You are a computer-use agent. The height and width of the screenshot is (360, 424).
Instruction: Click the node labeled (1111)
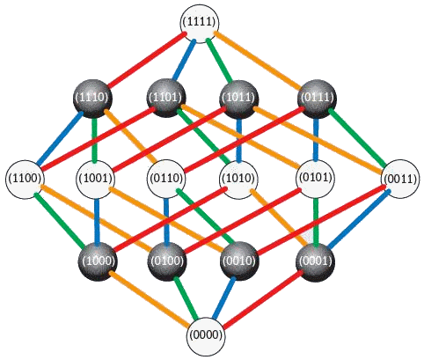pyautogui.click(x=200, y=23)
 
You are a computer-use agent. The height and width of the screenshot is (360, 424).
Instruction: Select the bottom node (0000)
pyautogui.click(x=206, y=335)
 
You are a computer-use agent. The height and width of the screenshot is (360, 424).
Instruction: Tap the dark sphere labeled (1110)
pyautogui.click(x=92, y=98)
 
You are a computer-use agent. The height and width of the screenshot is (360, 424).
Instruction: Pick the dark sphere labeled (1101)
pyautogui.click(x=166, y=98)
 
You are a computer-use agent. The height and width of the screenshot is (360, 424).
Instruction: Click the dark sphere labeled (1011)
pyautogui.click(x=239, y=99)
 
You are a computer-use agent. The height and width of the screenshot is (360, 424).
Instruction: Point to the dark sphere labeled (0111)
pyautogui.click(x=317, y=99)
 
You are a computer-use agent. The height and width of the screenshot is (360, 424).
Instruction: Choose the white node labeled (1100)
pyautogui.click(x=25, y=179)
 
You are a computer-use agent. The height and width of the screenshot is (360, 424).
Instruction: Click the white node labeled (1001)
pyautogui.click(x=96, y=179)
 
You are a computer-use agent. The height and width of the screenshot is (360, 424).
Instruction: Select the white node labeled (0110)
pyautogui.click(x=166, y=179)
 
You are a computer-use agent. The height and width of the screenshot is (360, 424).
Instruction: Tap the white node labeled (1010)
pyautogui.click(x=239, y=179)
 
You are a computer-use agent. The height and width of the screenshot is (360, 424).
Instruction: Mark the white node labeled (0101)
pyautogui.click(x=316, y=179)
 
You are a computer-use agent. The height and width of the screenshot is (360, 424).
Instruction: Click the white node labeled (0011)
pyautogui.click(x=400, y=179)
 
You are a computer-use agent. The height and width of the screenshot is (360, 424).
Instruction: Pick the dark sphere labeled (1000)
pyautogui.click(x=98, y=261)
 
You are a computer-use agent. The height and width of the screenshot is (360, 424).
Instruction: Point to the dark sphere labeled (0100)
pyautogui.click(x=167, y=261)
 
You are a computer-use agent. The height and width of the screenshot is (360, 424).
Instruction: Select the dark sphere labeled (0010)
pyautogui.click(x=239, y=261)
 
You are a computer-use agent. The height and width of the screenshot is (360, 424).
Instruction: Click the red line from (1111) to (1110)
pyautogui.click(x=147, y=60)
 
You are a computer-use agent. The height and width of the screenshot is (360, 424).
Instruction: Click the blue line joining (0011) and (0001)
pyautogui.click(x=359, y=218)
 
